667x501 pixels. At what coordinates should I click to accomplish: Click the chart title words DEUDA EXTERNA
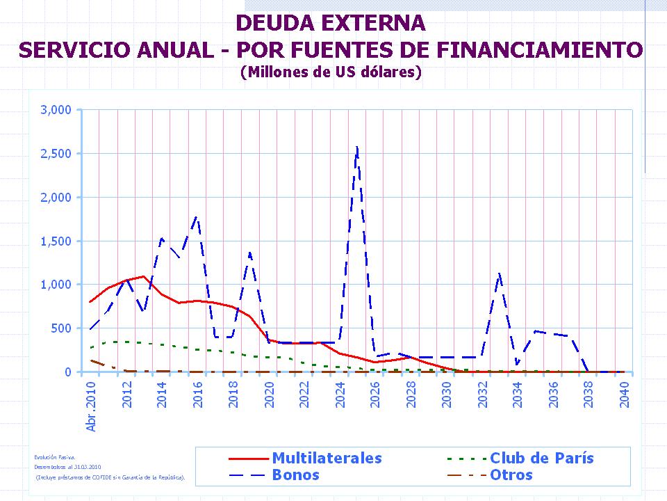coord(331,23)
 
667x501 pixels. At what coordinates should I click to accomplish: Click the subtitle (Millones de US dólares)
coord(331,72)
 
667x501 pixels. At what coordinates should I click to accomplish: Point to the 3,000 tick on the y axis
coord(56,110)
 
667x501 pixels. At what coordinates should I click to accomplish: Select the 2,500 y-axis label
coord(56,154)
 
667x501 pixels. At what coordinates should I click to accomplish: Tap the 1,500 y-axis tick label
coord(56,241)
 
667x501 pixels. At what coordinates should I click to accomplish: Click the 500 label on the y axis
coord(63,328)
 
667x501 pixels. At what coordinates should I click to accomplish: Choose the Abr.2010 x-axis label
coord(91,406)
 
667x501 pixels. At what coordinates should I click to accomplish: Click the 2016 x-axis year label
coord(198,395)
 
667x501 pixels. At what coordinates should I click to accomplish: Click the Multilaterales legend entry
coord(327,458)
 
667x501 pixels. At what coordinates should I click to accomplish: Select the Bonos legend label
coord(295,475)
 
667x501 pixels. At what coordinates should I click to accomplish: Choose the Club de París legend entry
coord(541,458)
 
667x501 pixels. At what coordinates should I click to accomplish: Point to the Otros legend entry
coord(511,475)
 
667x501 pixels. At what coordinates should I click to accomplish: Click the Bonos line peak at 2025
coord(357,147)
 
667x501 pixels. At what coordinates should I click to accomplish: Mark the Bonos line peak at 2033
coord(500,273)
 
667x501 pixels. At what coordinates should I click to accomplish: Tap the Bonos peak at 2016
coord(197,217)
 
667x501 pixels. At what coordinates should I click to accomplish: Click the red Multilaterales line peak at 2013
coord(144,276)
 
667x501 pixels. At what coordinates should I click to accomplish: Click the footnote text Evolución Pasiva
coord(49,456)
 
